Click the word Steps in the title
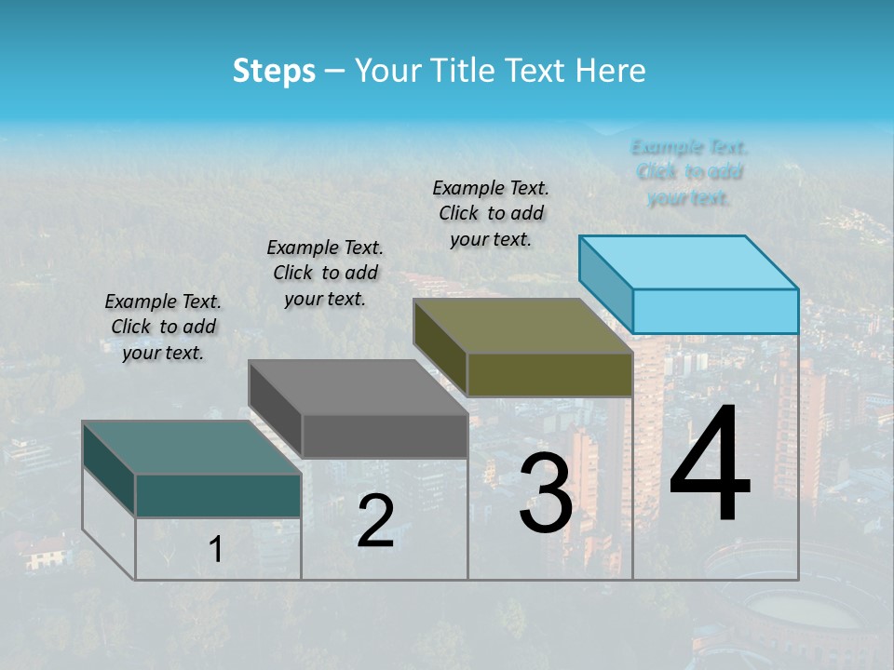[273, 71]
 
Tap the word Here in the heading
[610, 71]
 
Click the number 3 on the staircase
[546, 495]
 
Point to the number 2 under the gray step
[375, 521]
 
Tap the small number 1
[216, 550]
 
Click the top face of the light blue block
[687, 261]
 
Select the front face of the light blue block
[715, 311]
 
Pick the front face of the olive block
[549, 375]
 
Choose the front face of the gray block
[385, 435]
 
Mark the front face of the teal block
[218, 496]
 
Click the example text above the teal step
[163, 327]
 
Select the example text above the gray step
[325, 273]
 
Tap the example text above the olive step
[491, 213]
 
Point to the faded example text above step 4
[689, 172]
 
